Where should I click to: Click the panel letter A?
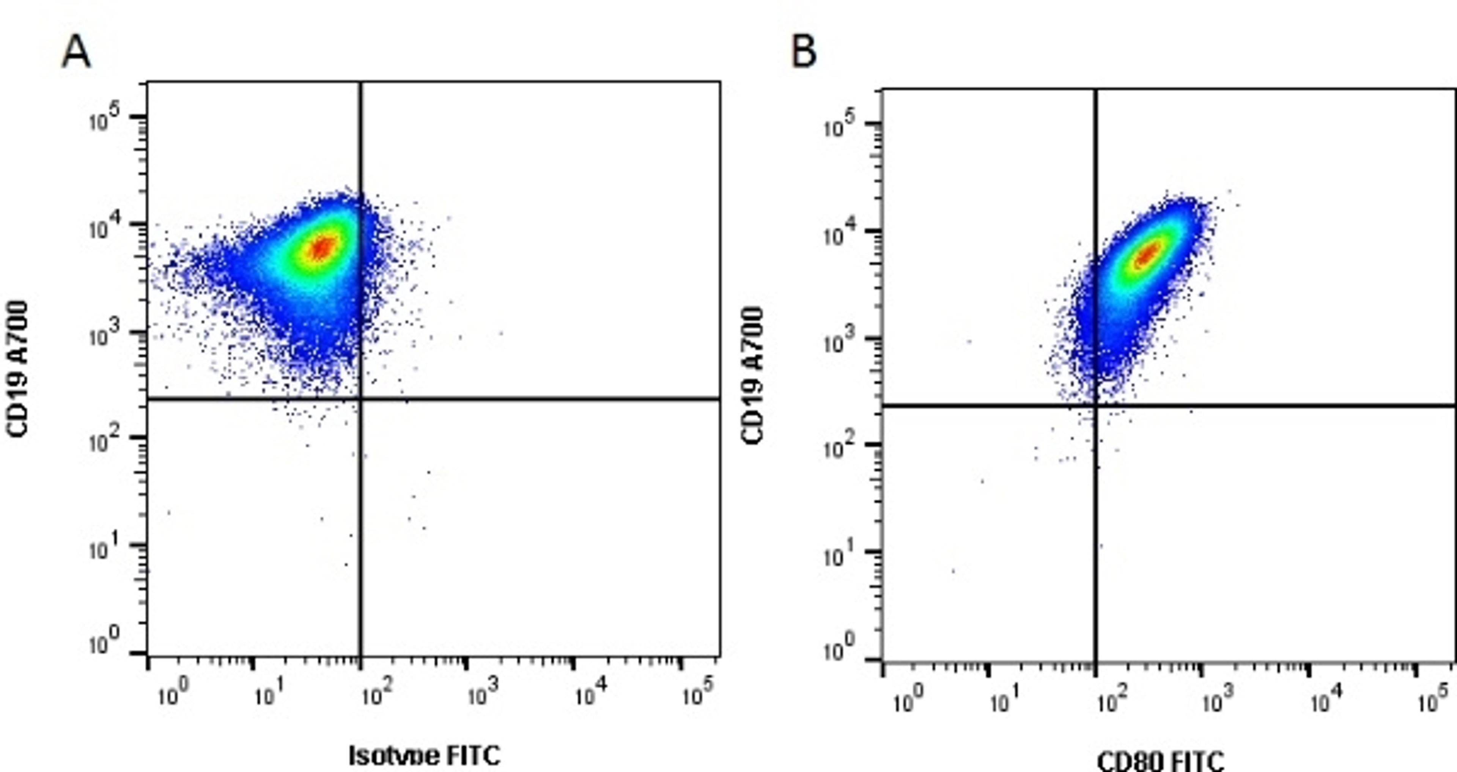(76, 52)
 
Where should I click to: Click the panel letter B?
(804, 52)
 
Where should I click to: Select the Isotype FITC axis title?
(424, 756)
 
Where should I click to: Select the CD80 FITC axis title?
(1161, 761)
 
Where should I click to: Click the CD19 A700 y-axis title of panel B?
(753, 376)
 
